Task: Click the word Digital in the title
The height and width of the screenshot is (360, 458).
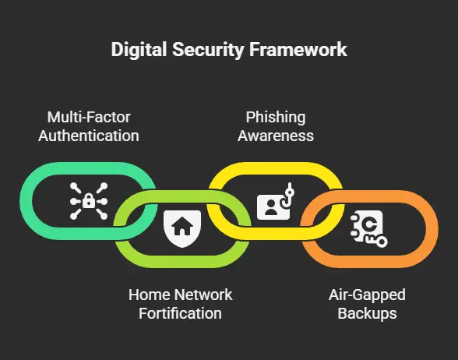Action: (x=139, y=50)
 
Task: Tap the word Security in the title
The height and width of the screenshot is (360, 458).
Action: (x=208, y=50)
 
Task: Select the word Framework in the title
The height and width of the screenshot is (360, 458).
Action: (x=298, y=49)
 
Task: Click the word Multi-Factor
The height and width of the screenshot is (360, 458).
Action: (x=89, y=117)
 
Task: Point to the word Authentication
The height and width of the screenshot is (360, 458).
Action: (x=89, y=136)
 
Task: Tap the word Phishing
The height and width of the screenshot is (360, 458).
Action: (x=276, y=118)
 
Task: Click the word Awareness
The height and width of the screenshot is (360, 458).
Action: (x=276, y=136)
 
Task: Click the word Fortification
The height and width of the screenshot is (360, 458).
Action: (x=180, y=313)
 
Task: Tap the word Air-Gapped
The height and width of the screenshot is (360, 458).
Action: (x=367, y=295)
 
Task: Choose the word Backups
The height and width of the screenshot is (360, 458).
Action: (x=367, y=314)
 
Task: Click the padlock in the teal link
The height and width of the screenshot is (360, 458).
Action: (x=89, y=201)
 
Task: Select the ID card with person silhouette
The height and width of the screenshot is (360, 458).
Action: (x=273, y=207)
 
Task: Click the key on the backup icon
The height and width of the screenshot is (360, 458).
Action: (x=376, y=242)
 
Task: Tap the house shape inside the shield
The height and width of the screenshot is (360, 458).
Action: (x=182, y=226)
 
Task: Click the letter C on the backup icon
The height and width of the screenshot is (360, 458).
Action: (x=369, y=224)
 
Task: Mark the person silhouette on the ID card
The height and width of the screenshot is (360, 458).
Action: (x=271, y=207)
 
